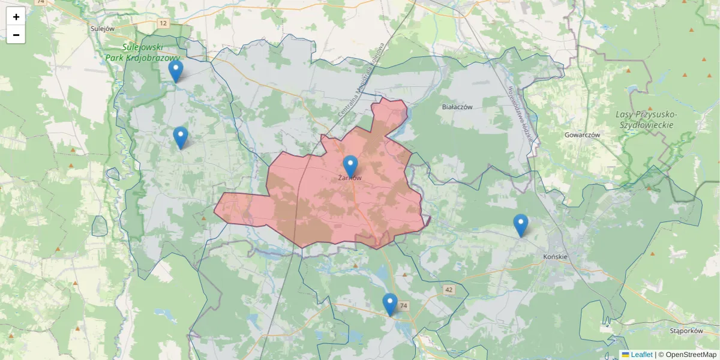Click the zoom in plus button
tap(16, 17)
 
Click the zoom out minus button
tap(16, 35)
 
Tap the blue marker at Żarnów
tap(350, 166)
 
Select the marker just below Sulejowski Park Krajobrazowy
tap(175, 71)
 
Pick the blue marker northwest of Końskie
tap(521, 225)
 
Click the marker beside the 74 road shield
tap(390, 304)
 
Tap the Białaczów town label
tap(457, 107)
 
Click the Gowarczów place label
tap(582, 135)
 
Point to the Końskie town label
tap(555, 257)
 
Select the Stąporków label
tap(686, 331)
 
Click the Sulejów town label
tap(102, 28)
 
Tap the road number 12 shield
tap(163, 23)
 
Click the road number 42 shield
tap(449, 290)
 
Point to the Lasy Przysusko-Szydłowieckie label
tap(646, 119)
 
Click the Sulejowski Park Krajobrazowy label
tap(143, 52)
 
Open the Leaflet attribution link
tap(641, 355)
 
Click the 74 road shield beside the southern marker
tap(404, 306)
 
